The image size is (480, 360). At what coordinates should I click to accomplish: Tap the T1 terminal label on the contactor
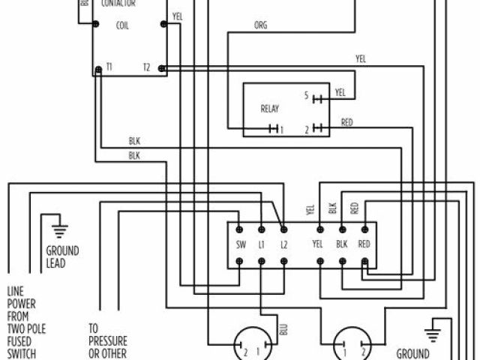pyautogui.click(x=109, y=67)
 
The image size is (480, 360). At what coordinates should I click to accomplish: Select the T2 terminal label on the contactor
pyautogui.click(x=147, y=67)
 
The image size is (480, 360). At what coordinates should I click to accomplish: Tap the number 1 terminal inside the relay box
pyautogui.click(x=282, y=130)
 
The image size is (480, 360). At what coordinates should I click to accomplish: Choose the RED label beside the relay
pyautogui.click(x=347, y=121)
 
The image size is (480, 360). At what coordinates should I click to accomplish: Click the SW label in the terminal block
pyautogui.click(x=239, y=244)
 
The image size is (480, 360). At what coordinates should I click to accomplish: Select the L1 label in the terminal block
pyautogui.click(x=262, y=244)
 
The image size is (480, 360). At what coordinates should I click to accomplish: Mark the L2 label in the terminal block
pyautogui.click(x=283, y=244)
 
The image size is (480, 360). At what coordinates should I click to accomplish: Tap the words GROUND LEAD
pyautogui.click(x=62, y=256)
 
